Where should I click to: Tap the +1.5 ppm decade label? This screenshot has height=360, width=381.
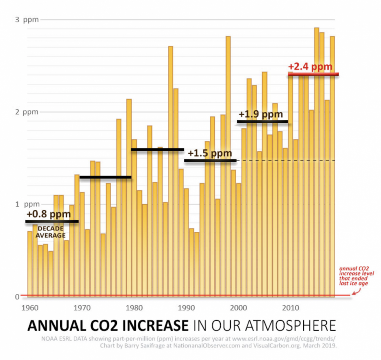pos(210,153)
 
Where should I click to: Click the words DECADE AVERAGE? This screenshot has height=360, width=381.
pos(51,232)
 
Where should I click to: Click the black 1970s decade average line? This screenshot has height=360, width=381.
pos(106,177)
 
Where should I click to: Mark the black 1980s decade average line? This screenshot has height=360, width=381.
pos(157,150)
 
